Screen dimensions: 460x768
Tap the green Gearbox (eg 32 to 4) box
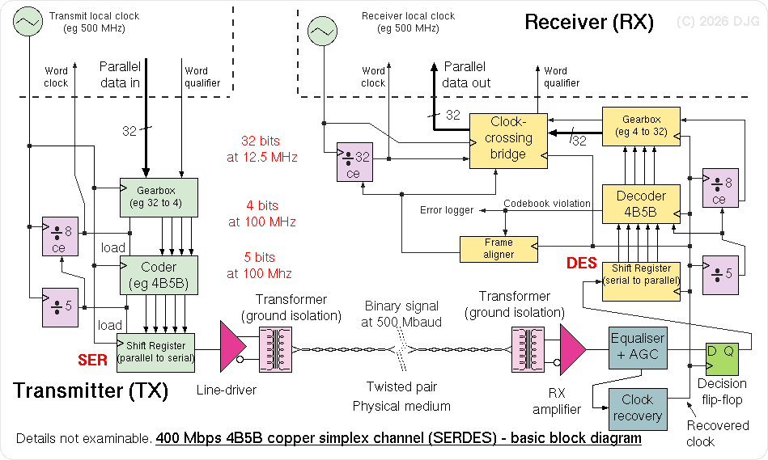(x=159, y=197)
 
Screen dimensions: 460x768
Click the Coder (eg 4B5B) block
(x=159, y=275)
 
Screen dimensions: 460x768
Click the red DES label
(x=582, y=264)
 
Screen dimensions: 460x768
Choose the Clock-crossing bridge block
(x=508, y=140)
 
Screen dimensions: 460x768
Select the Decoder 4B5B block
(x=641, y=204)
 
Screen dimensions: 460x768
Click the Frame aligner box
(x=499, y=248)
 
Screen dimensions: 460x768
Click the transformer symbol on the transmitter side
(x=274, y=349)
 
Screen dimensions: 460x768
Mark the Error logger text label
(x=447, y=210)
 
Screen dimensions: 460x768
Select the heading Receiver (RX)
(x=589, y=22)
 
